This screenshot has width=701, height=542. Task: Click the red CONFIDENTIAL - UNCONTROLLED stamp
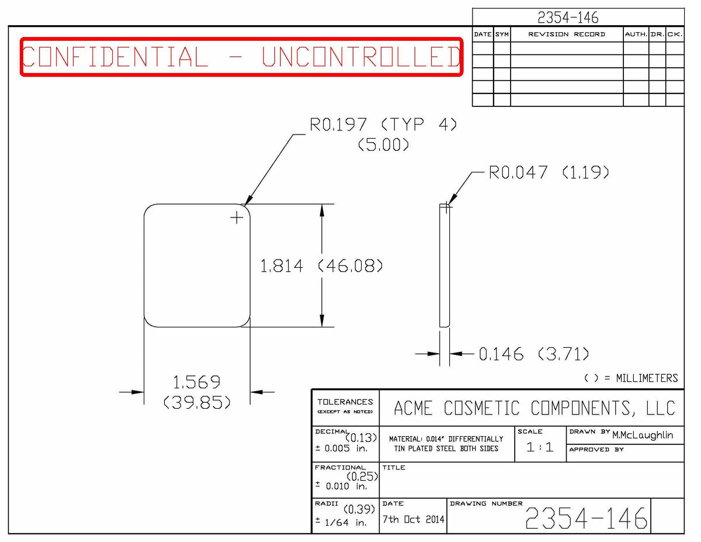point(241,57)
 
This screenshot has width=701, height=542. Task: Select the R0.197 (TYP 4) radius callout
point(383,125)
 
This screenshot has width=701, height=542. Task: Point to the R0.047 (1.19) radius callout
point(549,172)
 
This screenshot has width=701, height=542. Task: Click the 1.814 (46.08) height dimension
point(321,266)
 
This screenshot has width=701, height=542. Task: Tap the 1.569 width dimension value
point(197,382)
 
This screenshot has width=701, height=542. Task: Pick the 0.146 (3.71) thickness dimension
point(534,354)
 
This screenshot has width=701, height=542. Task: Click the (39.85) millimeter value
point(197,402)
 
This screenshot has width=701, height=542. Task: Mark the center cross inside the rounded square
point(237,218)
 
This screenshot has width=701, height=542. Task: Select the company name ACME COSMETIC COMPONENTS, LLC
point(535,408)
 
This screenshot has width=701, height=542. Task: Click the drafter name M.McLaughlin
point(643,436)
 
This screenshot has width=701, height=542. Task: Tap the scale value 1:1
point(540,447)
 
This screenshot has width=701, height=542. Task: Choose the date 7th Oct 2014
point(413,519)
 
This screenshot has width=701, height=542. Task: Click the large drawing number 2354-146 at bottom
point(586,518)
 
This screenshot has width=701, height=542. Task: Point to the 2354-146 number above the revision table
point(568,18)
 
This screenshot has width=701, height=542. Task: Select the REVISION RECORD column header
point(567,34)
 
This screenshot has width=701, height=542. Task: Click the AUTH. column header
point(636,34)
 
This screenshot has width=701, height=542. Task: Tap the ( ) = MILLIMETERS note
point(631,378)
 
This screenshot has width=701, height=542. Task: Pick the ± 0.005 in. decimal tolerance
point(341,448)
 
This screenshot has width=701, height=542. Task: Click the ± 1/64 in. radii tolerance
point(341,522)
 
